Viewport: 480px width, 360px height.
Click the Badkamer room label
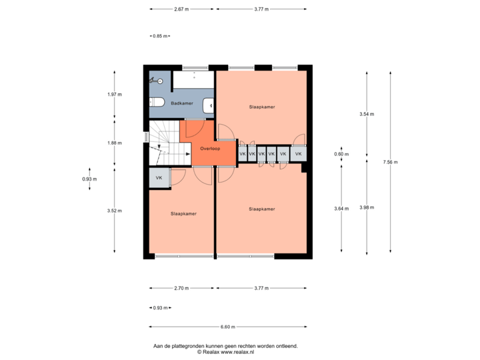pos(182,103)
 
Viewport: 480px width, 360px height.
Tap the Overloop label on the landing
pos(210,149)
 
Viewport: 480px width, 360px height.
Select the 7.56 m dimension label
pos(390,162)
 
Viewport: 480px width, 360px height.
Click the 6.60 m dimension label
pos(228,327)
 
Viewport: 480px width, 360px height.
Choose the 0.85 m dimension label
pos(160,36)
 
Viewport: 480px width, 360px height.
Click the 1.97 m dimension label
pos(114,95)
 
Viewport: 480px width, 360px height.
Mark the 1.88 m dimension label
pos(114,142)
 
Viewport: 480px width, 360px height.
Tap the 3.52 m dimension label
pos(114,211)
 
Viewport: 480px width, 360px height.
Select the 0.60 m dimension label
pos(341,154)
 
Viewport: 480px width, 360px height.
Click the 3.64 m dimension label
pos(341,209)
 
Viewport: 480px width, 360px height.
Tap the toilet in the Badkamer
pos(156,102)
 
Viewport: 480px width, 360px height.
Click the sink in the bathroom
pos(209,105)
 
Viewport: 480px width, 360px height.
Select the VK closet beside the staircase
pos(159,178)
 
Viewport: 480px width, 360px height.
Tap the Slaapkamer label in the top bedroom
pos(262,107)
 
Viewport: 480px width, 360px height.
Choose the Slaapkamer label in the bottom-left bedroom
pos(183,214)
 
